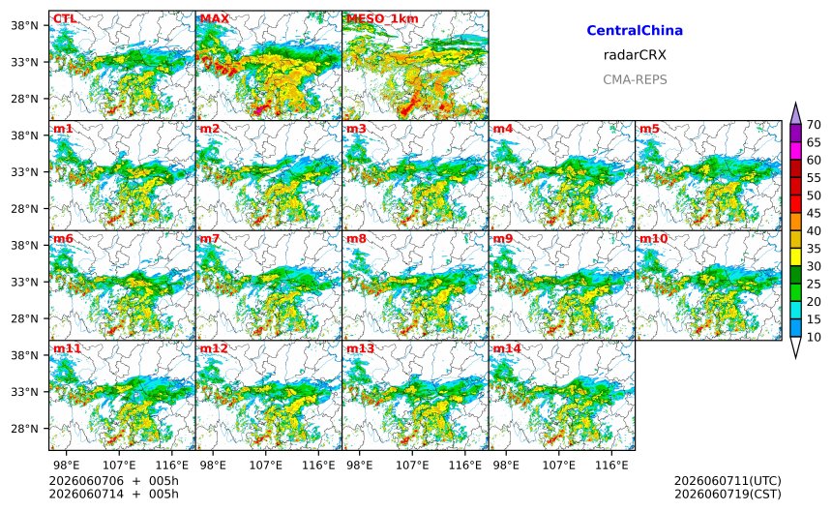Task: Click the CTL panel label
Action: click(x=65, y=18)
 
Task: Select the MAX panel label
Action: click(x=215, y=18)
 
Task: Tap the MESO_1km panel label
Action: click(x=382, y=19)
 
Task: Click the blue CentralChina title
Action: click(x=635, y=30)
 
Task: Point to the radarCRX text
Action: click(x=635, y=54)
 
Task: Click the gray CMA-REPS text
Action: click(x=635, y=79)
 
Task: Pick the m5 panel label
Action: click(x=650, y=129)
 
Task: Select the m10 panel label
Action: click(x=653, y=238)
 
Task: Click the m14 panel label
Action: click(x=507, y=348)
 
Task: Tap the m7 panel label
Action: click(x=210, y=238)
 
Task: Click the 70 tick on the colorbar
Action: click(x=814, y=124)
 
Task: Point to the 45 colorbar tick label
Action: click(x=814, y=213)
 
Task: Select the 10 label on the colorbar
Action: click(x=814, y=337)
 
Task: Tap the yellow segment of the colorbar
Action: click(x=795, y=256)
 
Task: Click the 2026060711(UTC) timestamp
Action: click(x=728, y=481)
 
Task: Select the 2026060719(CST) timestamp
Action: click(x=728, y=494)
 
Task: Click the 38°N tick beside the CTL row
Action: click(x=25, y=25)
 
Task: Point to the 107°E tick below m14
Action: click(x=559, y=466)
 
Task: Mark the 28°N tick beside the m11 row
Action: click(x=25, y=428)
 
